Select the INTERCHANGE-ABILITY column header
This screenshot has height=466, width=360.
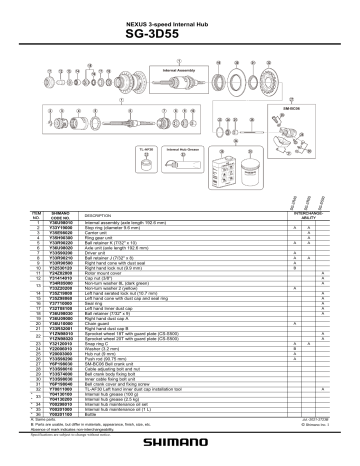[308, 214]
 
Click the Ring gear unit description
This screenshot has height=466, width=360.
[99, 237]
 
